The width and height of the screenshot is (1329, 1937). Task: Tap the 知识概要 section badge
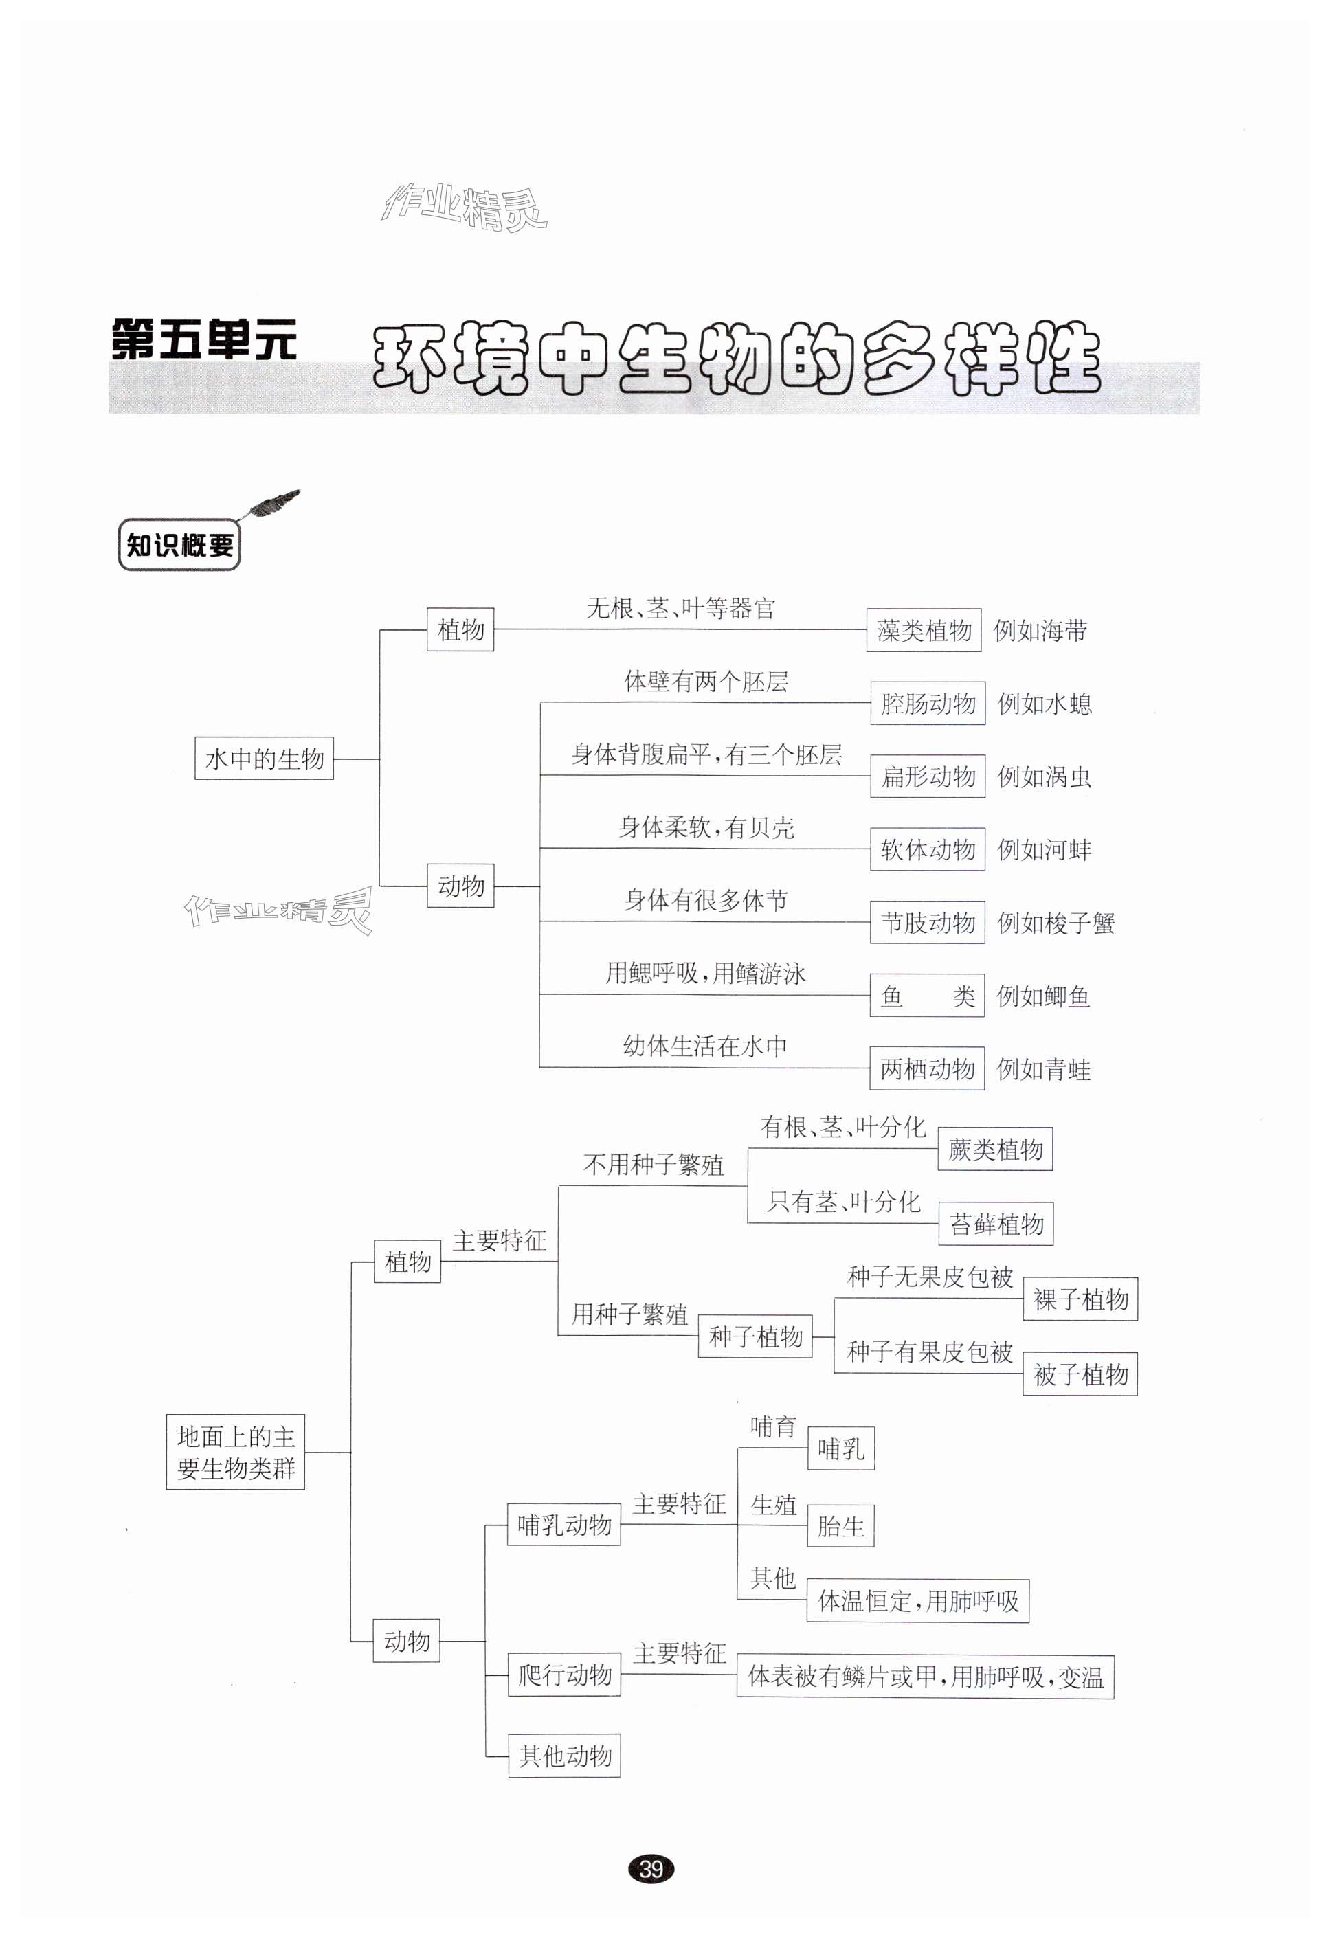click(179, 546)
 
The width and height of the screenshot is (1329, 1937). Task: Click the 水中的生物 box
click(265, 759)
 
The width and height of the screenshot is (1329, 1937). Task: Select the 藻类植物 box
click(924, 630)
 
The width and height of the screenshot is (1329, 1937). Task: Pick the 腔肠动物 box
click(928, 704)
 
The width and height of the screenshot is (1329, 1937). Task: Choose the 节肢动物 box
click(928, 923)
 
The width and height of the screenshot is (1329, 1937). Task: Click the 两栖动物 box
click(927, 1068)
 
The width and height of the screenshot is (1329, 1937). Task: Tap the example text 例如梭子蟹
click(1056, 923)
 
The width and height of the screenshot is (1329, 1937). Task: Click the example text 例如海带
click(1040, 631)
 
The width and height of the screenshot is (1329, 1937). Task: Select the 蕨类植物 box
click(996, 1150)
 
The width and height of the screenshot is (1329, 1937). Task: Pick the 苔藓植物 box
click(996, 1224)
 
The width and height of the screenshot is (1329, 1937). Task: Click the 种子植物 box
click(755, 1336)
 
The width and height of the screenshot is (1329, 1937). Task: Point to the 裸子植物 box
click(1080, 1299)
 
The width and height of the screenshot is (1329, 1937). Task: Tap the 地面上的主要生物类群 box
click(236, 1452)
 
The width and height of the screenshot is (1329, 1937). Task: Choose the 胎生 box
click(840, 1526)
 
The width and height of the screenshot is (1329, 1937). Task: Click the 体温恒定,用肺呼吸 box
click(918, 1601)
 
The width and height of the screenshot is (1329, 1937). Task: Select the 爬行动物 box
click(564, 1675)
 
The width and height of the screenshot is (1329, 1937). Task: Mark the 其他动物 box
click(564, 1756)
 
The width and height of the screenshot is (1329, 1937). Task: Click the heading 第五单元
click(204, 340)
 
